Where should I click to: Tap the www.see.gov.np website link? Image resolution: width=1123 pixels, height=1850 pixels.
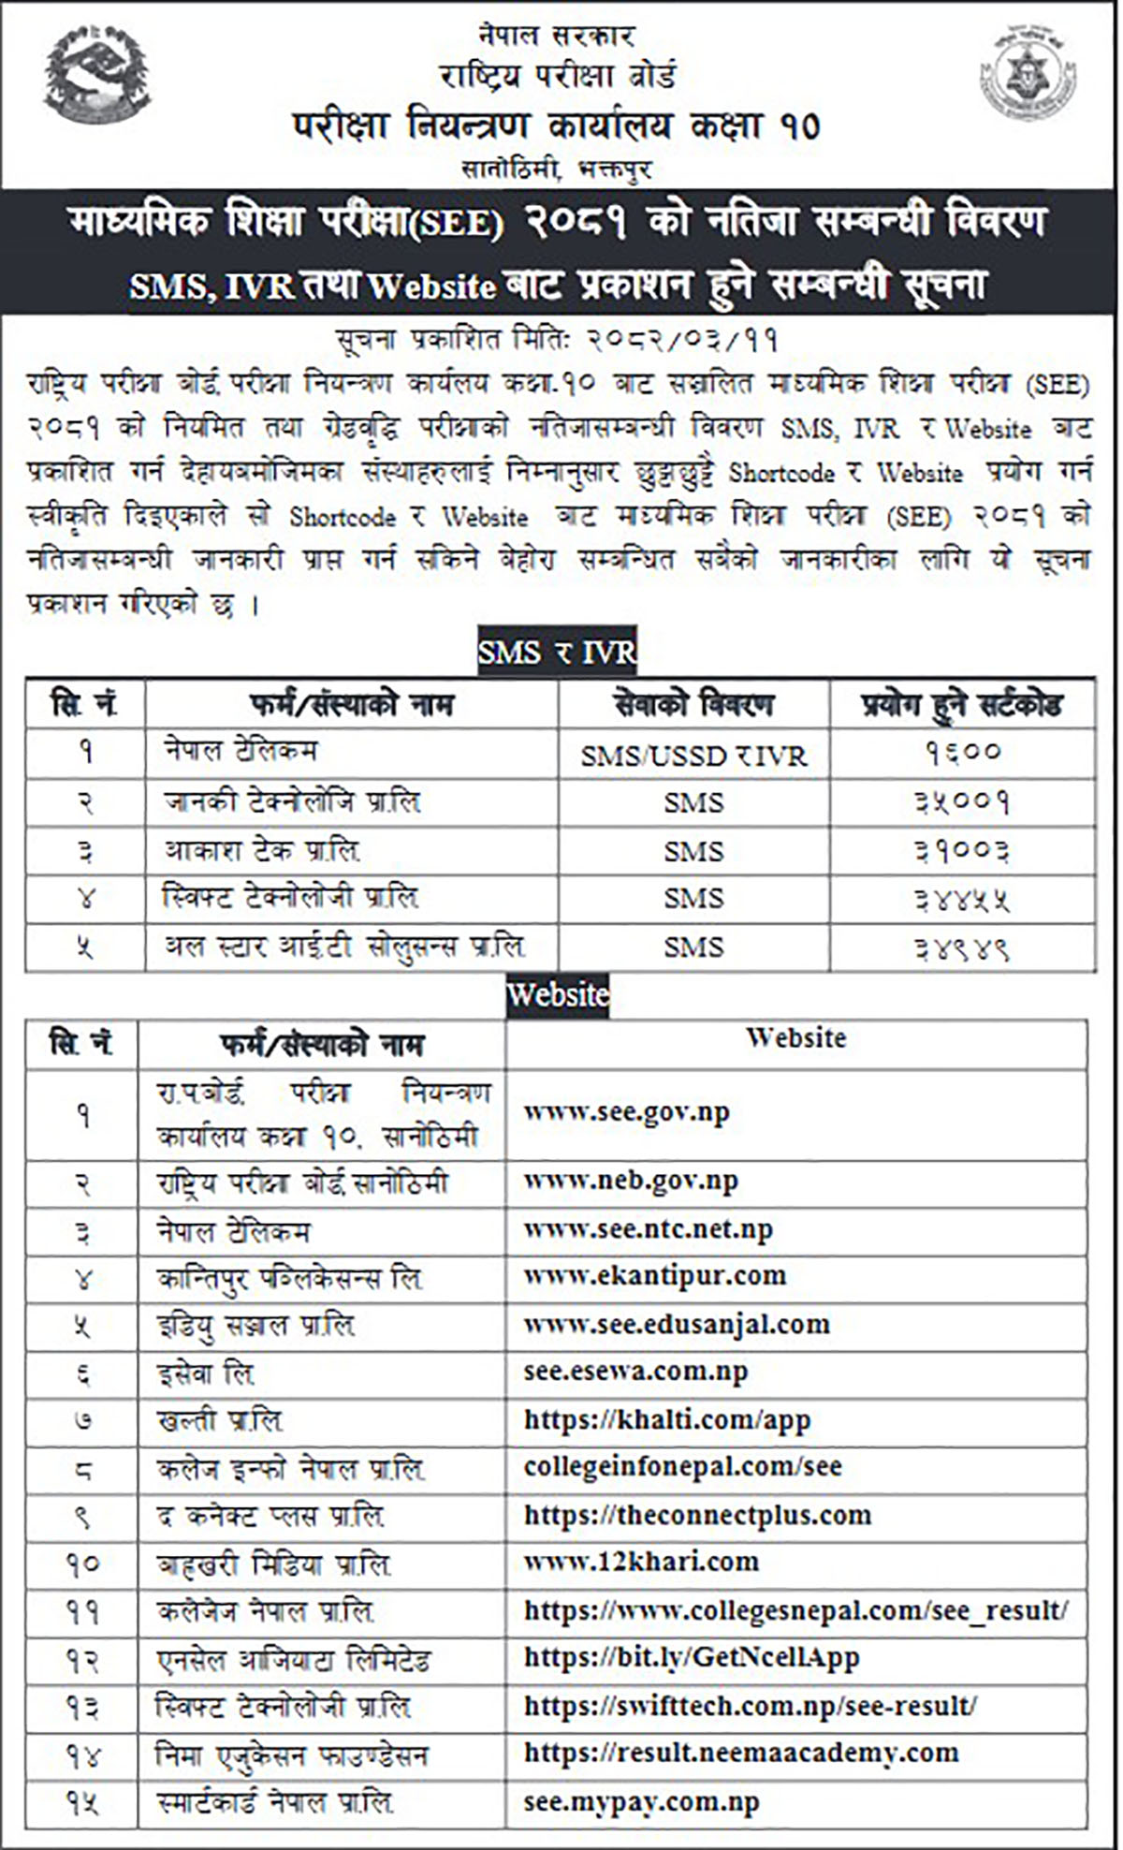[626, 1112]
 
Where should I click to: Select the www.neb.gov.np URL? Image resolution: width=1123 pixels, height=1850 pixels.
[631, 1182]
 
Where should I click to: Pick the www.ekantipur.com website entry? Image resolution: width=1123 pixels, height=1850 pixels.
[654, 1276]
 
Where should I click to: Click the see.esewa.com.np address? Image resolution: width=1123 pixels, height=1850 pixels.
[635, 1372]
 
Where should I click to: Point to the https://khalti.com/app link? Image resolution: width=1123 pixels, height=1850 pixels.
[666, 1420]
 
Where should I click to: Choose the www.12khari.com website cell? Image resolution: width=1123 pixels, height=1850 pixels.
[641, 1562]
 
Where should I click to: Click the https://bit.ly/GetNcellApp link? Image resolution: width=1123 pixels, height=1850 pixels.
[691, 1658]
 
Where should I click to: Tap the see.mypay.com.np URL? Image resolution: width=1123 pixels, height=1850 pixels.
[641, 1802]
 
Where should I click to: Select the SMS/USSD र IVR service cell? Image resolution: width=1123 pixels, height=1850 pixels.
[693, 756]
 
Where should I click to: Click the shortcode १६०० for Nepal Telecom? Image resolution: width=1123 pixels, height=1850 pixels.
[962, 753]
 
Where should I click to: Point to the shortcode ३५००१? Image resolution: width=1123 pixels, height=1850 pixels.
[962, 802]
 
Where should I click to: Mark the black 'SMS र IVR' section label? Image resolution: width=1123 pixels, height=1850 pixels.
[557, 652]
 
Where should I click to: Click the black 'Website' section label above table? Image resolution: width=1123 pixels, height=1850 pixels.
[558, 994]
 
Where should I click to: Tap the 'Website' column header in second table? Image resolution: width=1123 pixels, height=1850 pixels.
[795, 1038]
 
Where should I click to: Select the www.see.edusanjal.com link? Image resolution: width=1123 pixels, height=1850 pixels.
[676, 1325]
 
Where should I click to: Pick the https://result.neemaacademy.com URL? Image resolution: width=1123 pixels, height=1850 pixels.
[740, 1753]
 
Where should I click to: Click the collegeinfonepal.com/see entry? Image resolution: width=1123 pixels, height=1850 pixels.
[682, 1466]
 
